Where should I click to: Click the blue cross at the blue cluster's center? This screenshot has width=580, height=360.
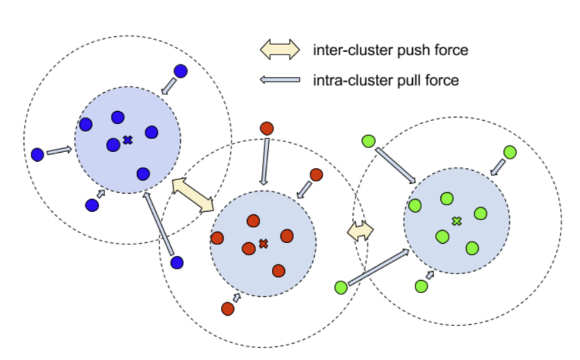[127, 140]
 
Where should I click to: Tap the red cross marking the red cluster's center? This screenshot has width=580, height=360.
[263, 244]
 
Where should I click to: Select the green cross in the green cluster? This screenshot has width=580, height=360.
[456, 222]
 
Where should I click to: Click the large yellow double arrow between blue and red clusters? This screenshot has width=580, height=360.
[192, 195]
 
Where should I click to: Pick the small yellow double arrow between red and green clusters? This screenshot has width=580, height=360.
[360, 230]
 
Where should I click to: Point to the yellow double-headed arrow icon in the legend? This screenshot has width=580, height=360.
[280, 49]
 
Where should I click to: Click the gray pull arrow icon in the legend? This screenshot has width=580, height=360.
[280, 81]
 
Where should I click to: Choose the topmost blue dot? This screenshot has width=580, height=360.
[181, 71]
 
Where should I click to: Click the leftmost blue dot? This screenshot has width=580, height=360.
[37, 155]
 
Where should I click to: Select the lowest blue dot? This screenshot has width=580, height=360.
[176, 262]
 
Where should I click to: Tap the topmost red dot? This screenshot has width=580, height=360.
[265, 128]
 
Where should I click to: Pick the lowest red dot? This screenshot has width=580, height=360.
[228, 309]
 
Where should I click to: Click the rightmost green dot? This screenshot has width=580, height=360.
[510, 152]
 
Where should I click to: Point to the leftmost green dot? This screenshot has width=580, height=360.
[340, 287]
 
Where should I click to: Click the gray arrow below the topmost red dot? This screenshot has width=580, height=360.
[265, 162]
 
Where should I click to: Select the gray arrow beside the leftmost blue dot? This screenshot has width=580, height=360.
[59, 151]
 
